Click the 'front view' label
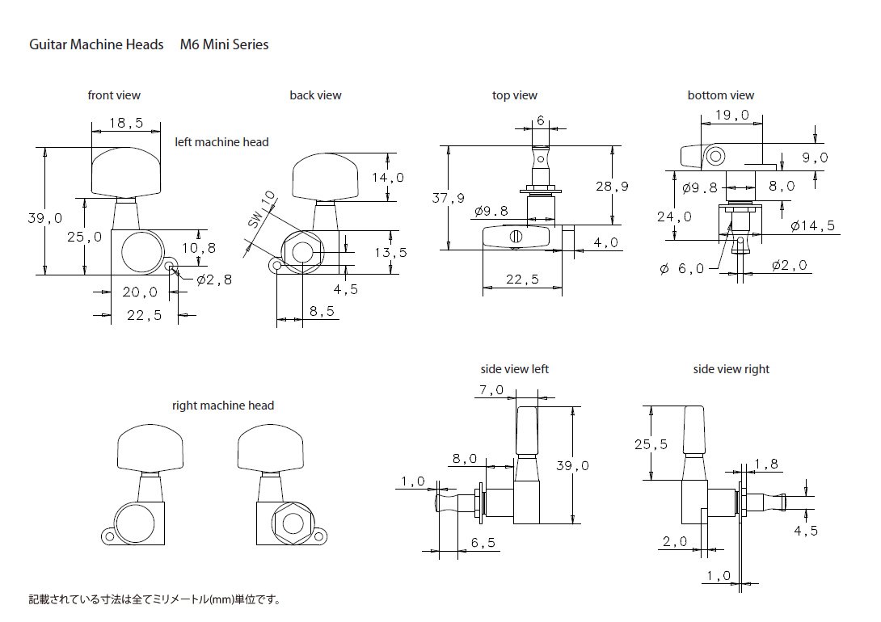click(x=114, y=95)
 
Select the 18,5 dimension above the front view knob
click(x=126, y=122)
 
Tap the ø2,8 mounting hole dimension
click(x=214, y=279)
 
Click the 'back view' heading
click(x=315, y=95)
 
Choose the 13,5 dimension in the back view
click(x=391, y=253)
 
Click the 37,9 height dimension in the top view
click(x=449, y=198)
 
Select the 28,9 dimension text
click(x=612, y=187)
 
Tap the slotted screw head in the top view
click(x=516, y=237)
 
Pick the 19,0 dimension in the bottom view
click(x=732, y=115)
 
